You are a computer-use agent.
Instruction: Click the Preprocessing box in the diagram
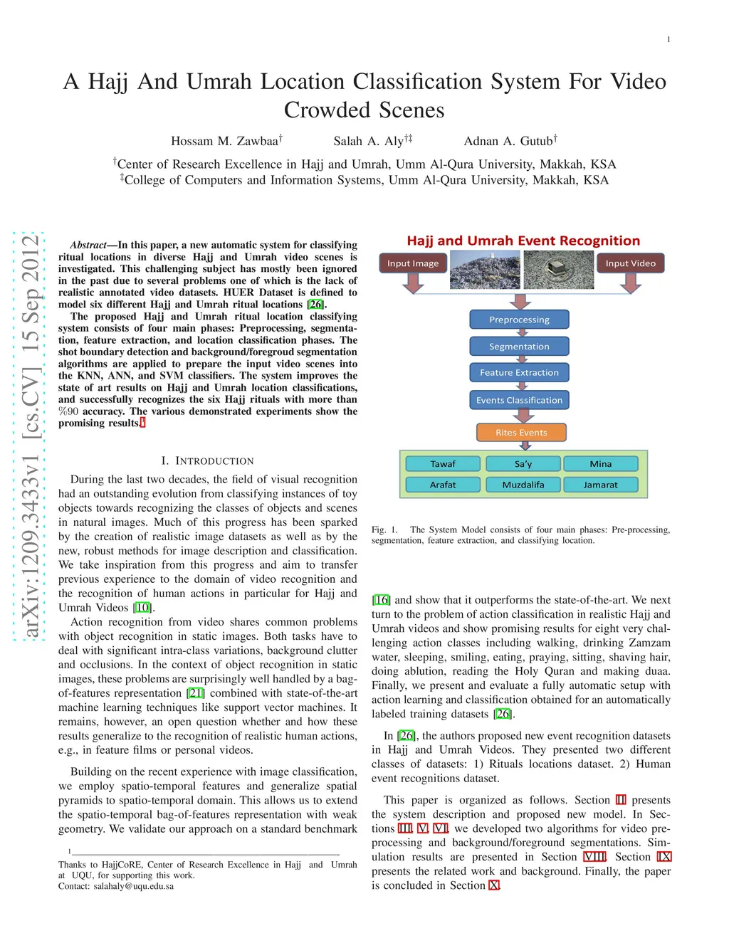tap(519, 320)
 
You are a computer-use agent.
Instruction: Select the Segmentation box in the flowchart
tap(519, 347)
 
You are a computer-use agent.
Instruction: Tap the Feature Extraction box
tap(519, 373)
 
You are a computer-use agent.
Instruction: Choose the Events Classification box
tap(519, 400)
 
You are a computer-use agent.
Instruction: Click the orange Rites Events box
tap(521, 433)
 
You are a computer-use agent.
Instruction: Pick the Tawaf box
tap(443, 464)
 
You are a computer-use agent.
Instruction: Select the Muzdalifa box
tap(523, 485)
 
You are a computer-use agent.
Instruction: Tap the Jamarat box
tap(600, 485)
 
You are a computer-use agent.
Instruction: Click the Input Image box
tap(413, 263)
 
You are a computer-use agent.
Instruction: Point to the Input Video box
tap(630, 263)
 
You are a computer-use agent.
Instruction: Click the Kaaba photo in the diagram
tap(557, 269)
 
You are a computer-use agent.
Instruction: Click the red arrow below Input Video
tap(630, 285)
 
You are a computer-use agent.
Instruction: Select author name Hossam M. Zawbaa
tap(224, 141)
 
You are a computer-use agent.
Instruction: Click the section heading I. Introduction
tap(207, 461)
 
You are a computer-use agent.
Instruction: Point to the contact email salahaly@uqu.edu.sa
tap(134, 886)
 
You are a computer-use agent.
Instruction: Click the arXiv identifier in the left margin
tap(30, 437)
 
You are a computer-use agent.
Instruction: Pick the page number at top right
tap(668, 40)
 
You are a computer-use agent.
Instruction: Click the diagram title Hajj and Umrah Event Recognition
tap(523, 241)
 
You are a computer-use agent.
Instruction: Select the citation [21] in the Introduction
tap(196, 693)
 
